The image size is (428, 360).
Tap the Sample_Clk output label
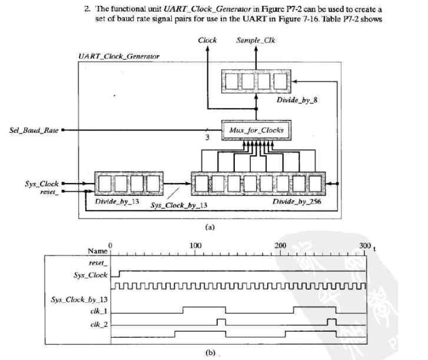click(x=255, y=40)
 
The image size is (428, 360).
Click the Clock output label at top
click(x=207, y=40)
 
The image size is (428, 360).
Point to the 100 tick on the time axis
click(x=196, y=245)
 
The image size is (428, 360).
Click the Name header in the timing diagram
click(x=97, y=251)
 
